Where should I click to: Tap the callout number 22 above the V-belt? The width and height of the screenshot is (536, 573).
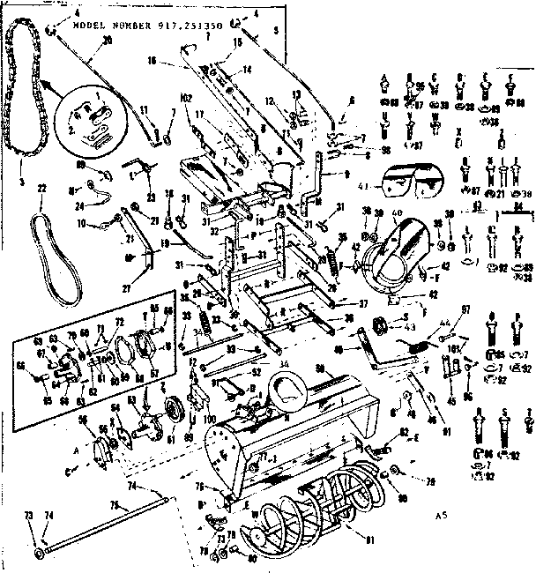[41, 190]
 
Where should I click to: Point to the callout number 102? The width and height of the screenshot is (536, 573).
[186, 98]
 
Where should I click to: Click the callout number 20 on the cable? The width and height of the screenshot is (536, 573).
[107, 41]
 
